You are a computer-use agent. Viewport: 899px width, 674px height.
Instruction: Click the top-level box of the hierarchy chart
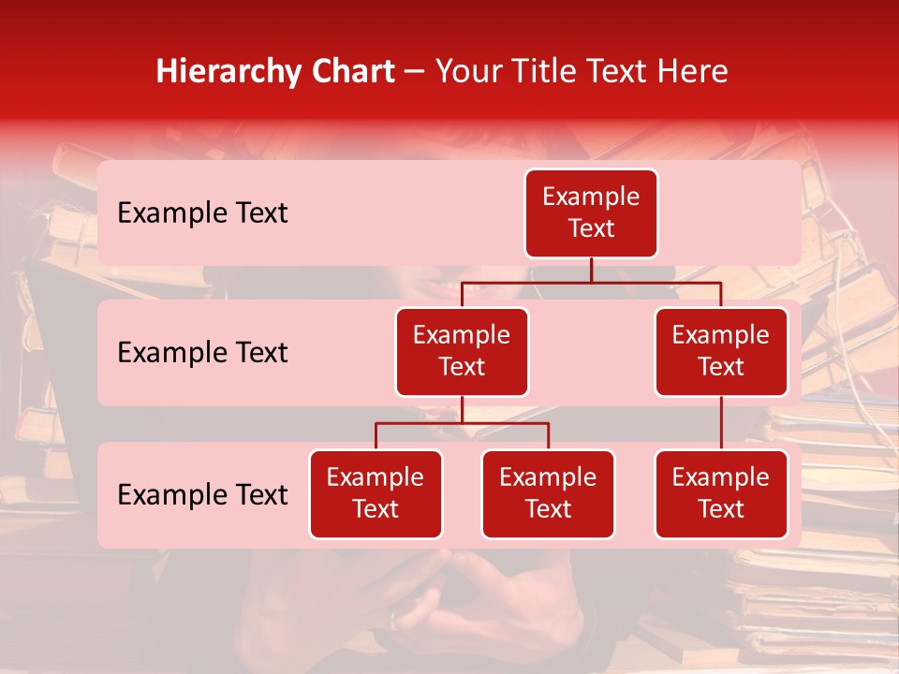pos(591,213)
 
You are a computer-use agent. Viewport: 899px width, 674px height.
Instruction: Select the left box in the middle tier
pos(462,352)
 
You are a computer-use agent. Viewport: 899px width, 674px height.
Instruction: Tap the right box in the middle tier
pos(721,352)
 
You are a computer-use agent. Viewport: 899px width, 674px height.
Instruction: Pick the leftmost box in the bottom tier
pos(376,494)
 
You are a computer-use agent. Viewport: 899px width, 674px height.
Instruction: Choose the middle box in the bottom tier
pos(548,494)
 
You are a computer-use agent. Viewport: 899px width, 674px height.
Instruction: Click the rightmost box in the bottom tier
pos(721,494)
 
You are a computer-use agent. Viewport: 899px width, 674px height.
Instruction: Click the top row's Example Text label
pos(202,213)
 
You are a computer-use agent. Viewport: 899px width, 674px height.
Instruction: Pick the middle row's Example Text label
pos(202,353)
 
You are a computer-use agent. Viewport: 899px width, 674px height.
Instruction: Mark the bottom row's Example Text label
pos(202,495)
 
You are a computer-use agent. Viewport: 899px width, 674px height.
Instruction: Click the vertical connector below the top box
pos(591,270)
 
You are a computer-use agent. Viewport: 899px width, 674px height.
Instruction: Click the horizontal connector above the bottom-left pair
pos(462,423)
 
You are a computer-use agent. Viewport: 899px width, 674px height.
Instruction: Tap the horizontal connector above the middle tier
pos(591,282)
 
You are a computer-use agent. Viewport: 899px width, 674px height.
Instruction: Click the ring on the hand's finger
pos(397,619)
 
